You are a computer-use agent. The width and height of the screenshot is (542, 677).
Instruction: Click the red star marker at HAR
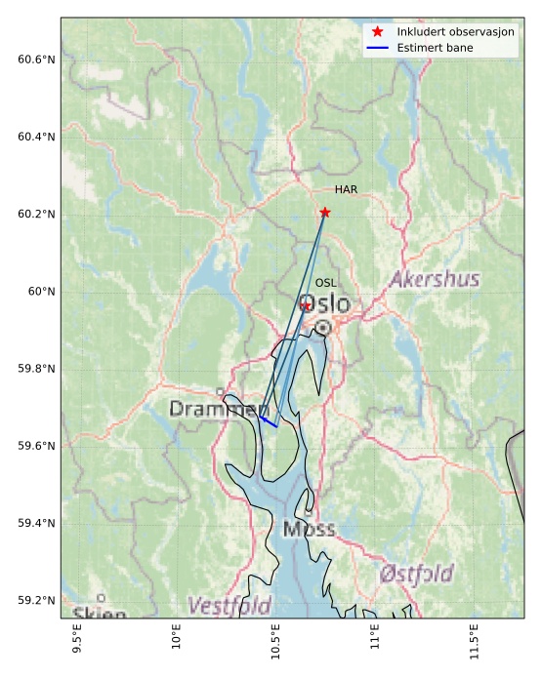coord(325,213)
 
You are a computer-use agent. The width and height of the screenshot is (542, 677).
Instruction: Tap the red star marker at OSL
coord(306,305)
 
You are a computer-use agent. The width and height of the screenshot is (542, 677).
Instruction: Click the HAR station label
coord(346,190)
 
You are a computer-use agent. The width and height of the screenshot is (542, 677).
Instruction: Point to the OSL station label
coord(325,283)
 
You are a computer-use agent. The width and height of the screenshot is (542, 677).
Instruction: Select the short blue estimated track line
coord(269,421)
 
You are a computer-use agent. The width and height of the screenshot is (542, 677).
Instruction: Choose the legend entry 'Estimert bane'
coord(436,47)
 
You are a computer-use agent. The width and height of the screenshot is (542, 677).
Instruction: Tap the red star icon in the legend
coord(377,32)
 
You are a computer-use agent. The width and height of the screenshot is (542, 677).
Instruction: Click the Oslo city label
coord(325,304)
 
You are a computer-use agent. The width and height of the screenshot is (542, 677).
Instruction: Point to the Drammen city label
coord(219,409)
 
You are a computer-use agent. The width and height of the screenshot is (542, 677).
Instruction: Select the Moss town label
coord(309,530)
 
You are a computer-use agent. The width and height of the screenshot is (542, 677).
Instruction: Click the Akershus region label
coord(435,280)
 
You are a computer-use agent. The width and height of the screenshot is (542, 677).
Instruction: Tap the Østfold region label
coord(416,574)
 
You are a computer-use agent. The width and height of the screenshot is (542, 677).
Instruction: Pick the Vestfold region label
coord(229,606)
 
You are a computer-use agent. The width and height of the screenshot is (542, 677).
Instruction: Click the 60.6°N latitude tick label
coord(37,60)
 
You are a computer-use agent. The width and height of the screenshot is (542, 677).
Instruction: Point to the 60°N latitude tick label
coord(42,292)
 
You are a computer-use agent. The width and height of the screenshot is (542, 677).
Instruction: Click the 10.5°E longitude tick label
coord(275,644)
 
